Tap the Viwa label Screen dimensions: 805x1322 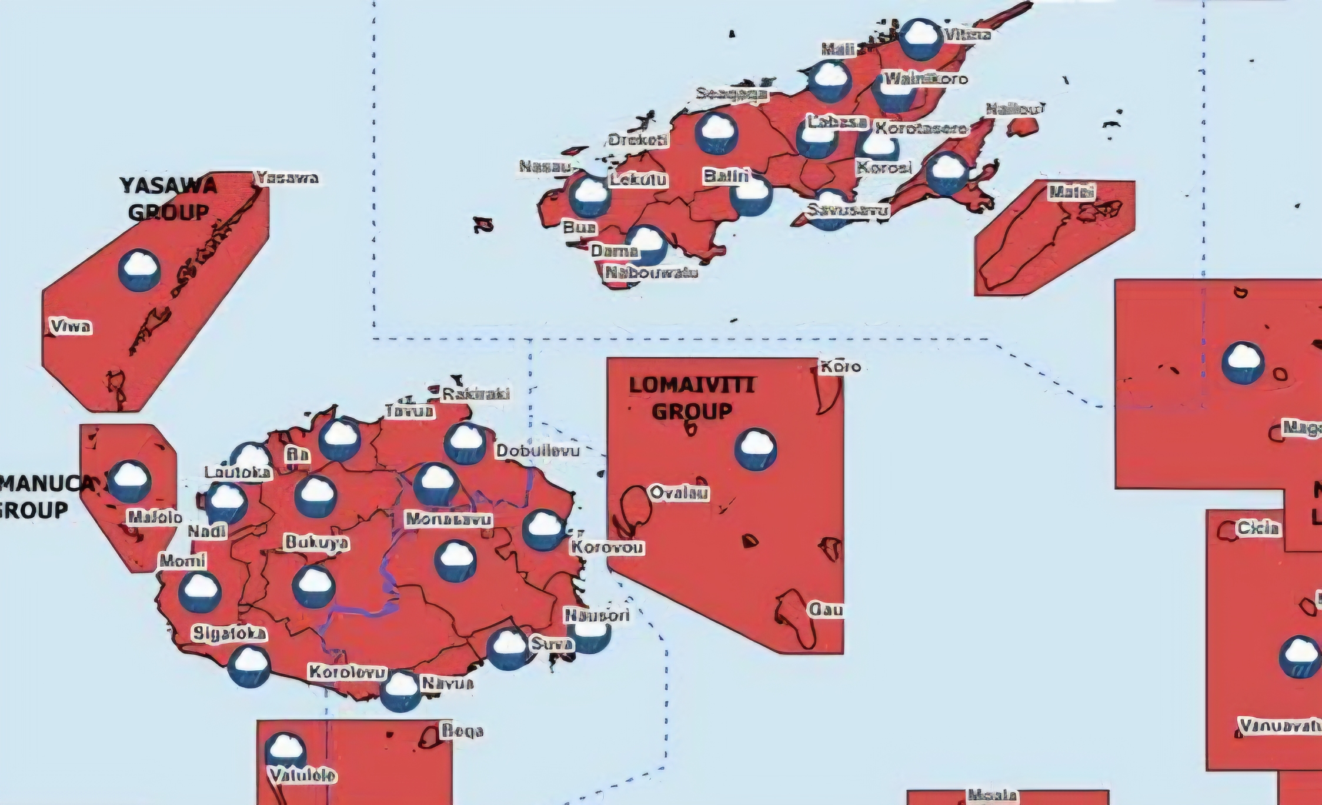click(x=71, y=327)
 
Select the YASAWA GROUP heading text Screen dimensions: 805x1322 click(x=169, y=199)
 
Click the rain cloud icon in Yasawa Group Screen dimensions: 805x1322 click(x=139, y=270)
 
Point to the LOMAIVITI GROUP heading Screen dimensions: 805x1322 click(x=692, y=398)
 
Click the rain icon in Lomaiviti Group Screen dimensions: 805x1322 click(x=756, y=448)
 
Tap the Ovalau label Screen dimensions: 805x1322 click(x=679, y=493)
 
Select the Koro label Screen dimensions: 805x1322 click(x=840, y=367)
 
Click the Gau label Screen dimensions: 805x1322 click(x=826, y=610)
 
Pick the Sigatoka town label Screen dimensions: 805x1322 click(x=229, y=634)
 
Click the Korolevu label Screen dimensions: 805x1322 click(x=348, y=672)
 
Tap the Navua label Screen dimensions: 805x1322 click(x=448, y=683)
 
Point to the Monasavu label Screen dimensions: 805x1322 click(x=449, y=520)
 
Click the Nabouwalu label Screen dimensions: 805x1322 click(x=652, y=272)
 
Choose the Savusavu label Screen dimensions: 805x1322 click(x=847, y=210)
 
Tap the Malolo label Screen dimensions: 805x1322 click(x=155, y=518)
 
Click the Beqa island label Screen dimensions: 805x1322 click(x=463, y=731)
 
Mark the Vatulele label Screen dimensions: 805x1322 click(x=302, y=776)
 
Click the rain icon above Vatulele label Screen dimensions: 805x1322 click(x=285, y=750)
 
